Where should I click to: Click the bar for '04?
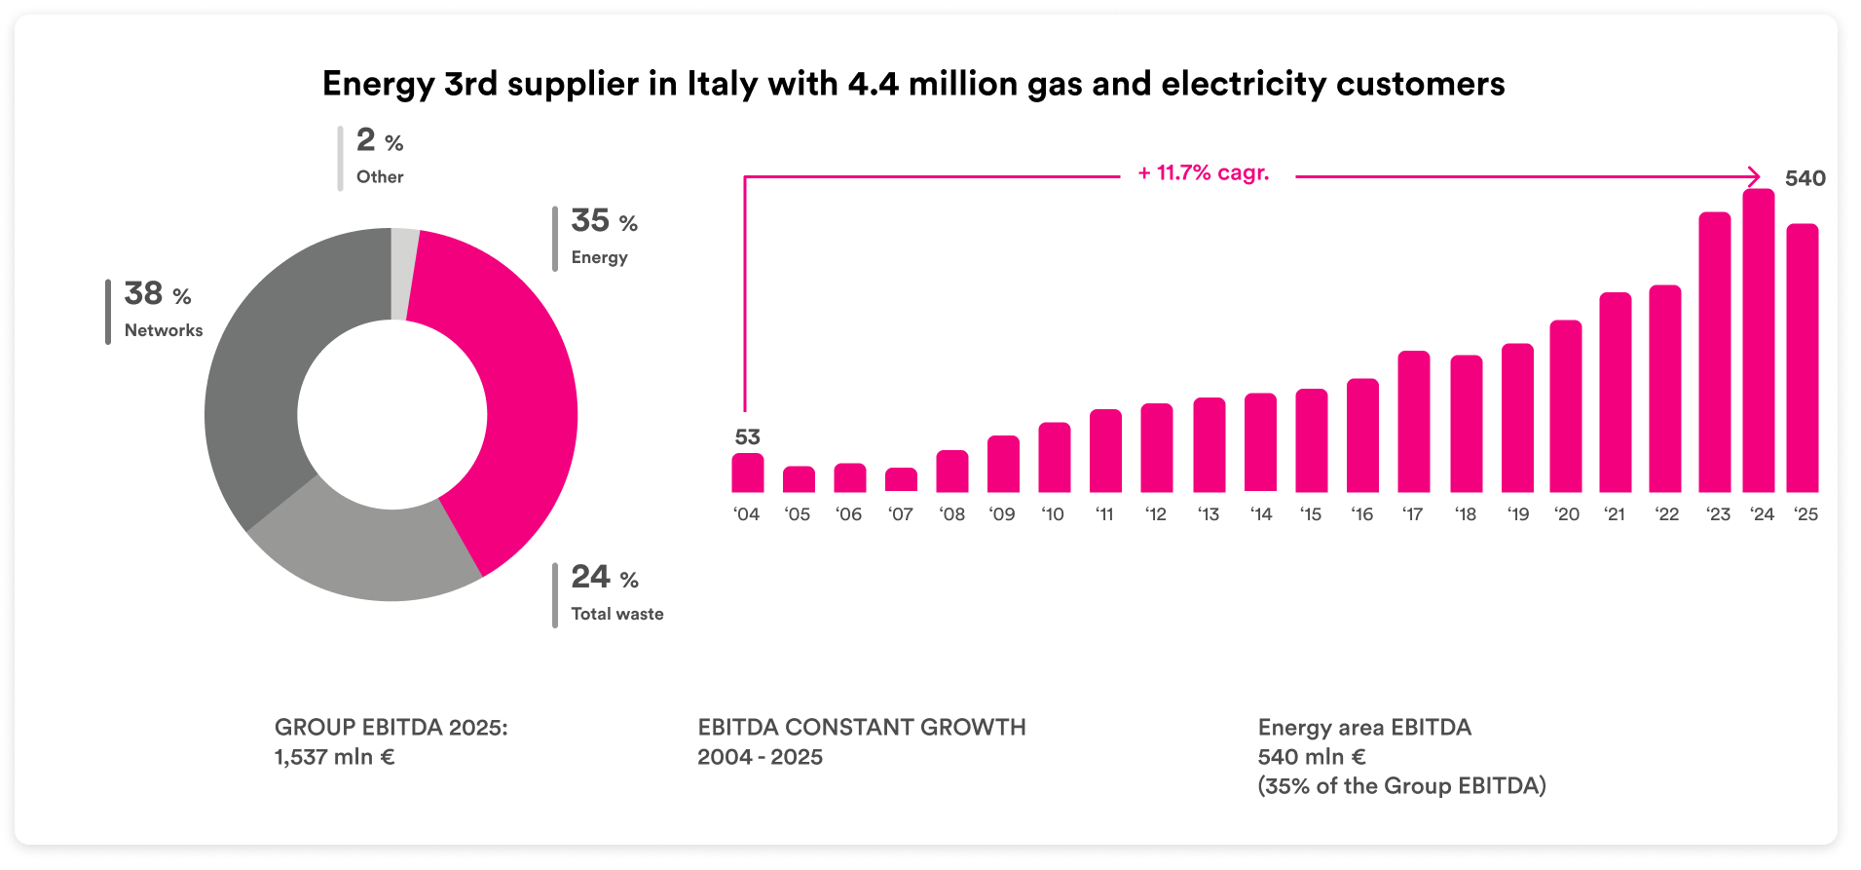(x=748, y=473)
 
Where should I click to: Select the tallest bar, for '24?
(x=1759, y=341)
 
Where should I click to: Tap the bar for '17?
(x=1413, y=422)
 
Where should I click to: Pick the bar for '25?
(x=1803, y=359)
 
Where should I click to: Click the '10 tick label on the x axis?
(x=1053, y=514)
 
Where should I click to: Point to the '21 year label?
(x=1615, y=514)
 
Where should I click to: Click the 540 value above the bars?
(x=1805, y=178)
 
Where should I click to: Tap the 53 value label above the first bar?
(x=747, y=437)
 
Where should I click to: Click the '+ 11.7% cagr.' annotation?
(x=1204, y=173)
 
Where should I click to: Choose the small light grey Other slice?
(x=405, y=273)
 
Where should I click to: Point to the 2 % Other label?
(x=379, y=156)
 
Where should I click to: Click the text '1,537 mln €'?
(x=334, y=757)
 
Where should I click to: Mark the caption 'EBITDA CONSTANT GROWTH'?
(x=861, y=728)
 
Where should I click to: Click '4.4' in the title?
(x=873, y=85)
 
